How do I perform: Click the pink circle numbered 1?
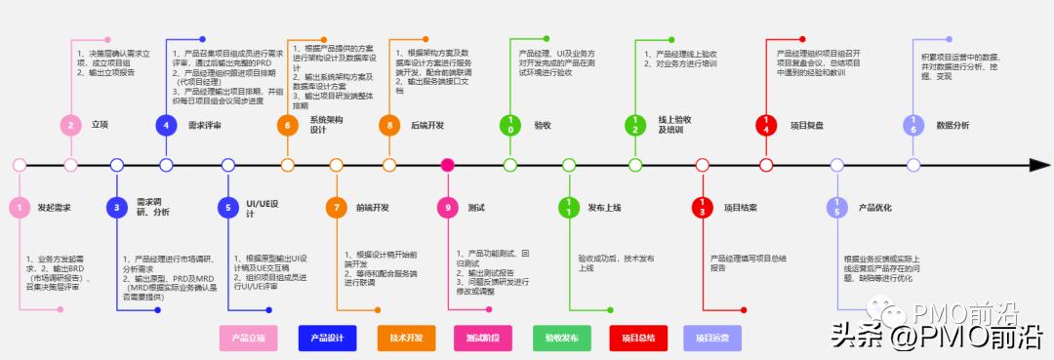tap(18, 207)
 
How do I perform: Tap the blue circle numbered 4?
tap(166, 125)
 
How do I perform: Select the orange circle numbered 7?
tap(336, 207)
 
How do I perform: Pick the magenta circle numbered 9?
tap(448, 207)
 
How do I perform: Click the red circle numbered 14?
tap(766, 125)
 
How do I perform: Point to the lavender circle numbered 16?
tap(912, 125)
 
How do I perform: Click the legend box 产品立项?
tap(248, 338)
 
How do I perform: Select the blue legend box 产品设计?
tap(326, 338)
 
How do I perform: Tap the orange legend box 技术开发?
tap(406, 338)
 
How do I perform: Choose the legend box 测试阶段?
tap(482, 338)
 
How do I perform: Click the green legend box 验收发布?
tap(561, 338)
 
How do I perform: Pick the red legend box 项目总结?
tap(638, 338)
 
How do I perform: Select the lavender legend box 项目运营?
tap(712, 338)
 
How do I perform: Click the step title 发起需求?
tap(54, 207)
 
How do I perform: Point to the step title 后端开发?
tap(427, 125)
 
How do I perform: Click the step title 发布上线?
tap(605, 207)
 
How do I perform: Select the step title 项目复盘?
tap(807, 125)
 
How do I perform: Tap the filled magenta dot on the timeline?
tap(448, 165)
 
